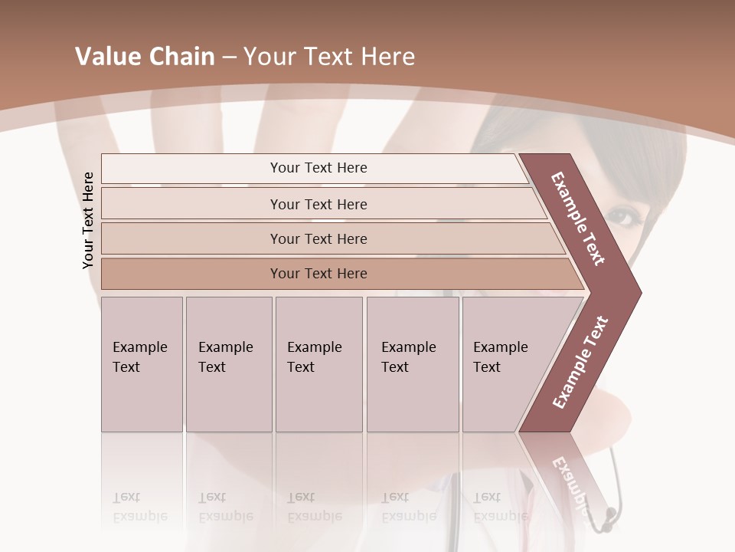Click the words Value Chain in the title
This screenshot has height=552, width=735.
tap(145, 57)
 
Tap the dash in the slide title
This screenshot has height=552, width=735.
tap(229, 57)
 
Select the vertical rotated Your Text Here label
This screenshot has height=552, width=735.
tap(88, 220)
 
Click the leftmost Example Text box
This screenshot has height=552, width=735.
tap(142, 364)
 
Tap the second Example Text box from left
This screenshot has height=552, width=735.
tap(228, 364)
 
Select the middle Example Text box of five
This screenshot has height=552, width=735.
tap(318, 364)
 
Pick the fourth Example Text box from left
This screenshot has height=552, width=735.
tap(413, 364)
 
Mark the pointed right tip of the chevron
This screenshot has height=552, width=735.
tap(639, 292)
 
